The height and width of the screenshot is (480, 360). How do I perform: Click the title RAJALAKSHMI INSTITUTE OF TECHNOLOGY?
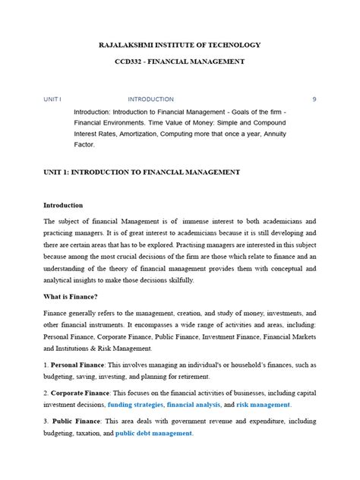pos(180,46)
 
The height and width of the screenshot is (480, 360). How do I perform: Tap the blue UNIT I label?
pos(52,99)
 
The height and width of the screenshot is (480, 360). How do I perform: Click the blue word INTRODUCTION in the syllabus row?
pos(150,99)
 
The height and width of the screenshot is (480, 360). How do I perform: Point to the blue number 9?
pos(314,99)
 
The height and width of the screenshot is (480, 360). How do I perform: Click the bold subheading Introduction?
pos(68,205)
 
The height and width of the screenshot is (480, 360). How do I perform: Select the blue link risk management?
pos(264,405)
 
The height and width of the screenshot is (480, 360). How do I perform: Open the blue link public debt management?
pos(155,434)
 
